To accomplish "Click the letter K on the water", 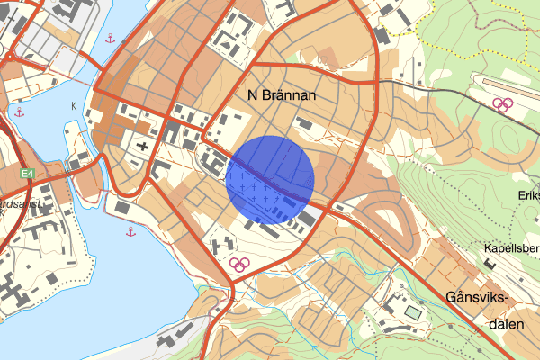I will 73,105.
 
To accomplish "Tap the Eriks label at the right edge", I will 528,195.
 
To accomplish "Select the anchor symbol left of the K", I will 19,112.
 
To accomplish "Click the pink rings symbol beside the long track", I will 501,104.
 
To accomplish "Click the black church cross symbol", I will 142,145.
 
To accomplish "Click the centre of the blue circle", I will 269,179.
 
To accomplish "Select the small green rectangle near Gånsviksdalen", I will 412,311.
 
